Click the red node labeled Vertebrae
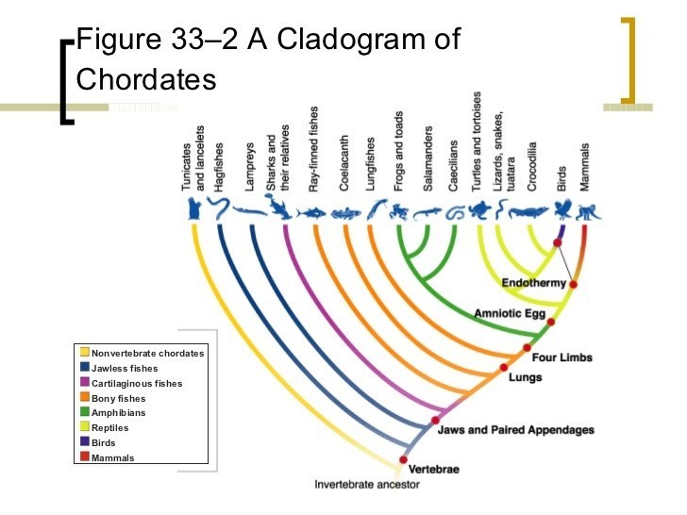click(404, 459)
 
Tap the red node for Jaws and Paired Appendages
click(436, 421)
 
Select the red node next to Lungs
click(504, 367)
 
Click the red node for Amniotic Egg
click(552, 322)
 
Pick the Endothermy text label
click(533, 283)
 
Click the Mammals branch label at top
click(585, 168)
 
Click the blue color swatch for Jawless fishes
click(85, 368)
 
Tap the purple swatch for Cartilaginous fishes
click(85, 383)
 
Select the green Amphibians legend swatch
click(85, 413)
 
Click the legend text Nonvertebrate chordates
click(147, 354)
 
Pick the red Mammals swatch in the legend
click(85, 457)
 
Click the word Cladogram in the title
click(359, 40)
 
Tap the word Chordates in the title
click(146, 79)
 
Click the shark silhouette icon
click(280, 210)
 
